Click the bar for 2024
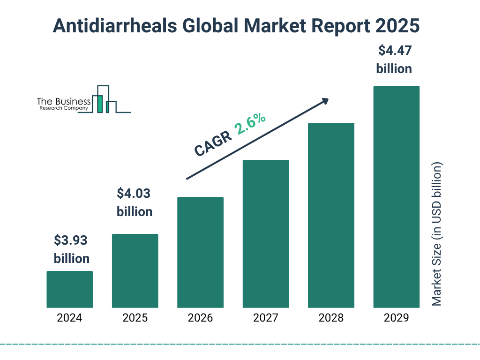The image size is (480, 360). (x=69, y=289)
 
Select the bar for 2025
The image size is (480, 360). (x=135, y=271)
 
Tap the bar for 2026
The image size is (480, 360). (x=200, y=252)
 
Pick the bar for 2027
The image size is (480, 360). (x=265, y=234)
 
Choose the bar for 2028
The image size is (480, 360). (x=331, y=215)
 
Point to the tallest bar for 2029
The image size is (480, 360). (x=396, y=197)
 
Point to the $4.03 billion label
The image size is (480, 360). (x=135, y=202)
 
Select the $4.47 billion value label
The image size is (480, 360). (x=394, y=60)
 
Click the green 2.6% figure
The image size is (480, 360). (x=251, y=124)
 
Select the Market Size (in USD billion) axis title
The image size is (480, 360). (x=437, y=234)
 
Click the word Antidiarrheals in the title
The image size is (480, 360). (x=114, y=26)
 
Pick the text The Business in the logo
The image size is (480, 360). (x=64, y=102)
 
